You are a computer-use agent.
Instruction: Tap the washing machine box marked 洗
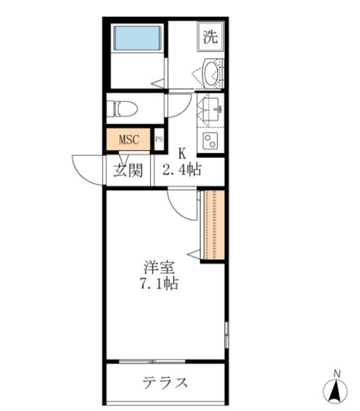coord(210,37)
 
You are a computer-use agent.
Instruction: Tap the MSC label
coord(129,139)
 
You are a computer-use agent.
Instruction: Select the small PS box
coord(159,140)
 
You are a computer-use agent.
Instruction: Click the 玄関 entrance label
coord(129,171)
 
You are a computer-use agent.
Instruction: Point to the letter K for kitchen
coord(182,154)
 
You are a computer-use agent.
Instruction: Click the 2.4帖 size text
coord(182,171)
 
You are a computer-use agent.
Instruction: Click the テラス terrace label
coord(165,383)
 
